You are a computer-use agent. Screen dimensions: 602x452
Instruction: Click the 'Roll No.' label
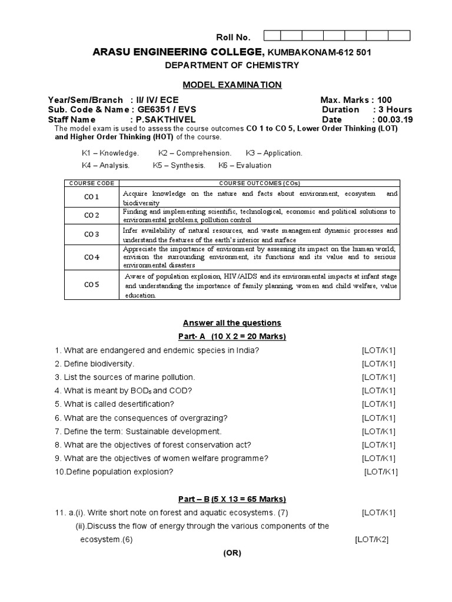click(235, 38)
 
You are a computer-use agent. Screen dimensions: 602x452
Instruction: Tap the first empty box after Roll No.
click(275, 36)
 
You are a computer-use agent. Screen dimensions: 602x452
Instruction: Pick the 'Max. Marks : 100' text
click(355, 100)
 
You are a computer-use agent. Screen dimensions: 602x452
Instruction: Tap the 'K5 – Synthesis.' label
click(179, 165)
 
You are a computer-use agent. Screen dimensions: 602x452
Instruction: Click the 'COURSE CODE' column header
click(91, 183)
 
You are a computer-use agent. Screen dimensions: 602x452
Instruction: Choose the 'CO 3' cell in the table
click(91, 235)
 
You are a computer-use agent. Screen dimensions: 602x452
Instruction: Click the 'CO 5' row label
click(91, 285)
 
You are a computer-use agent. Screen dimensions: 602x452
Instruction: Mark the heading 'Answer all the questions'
click(232, 323)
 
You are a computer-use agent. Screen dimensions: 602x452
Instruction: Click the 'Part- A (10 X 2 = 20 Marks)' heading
click(232, 336)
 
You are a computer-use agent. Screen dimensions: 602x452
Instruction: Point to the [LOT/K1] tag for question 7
click(378, 432)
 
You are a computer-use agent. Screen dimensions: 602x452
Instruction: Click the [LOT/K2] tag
click(371, 540)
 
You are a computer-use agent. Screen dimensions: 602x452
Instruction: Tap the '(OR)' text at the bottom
click(232, 553)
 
